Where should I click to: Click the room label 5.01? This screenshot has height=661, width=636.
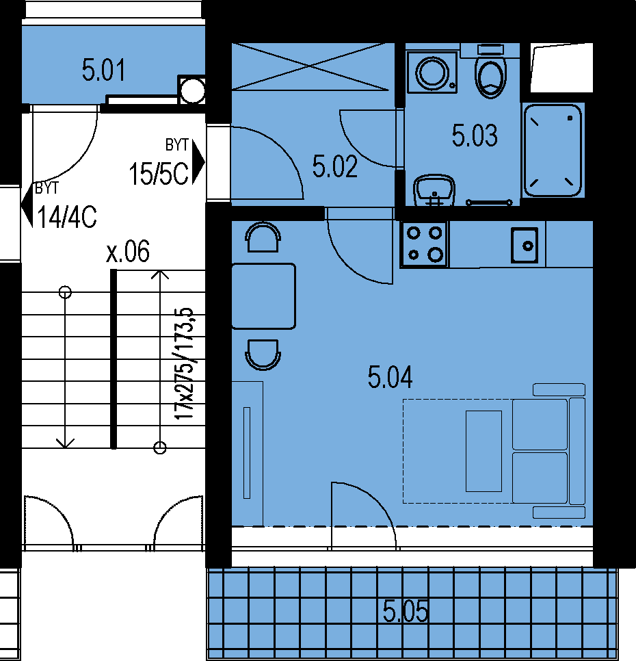104,70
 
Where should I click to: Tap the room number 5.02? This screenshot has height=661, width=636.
335,166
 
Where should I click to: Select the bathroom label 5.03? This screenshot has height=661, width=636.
475,135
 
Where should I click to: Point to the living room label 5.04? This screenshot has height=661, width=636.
390,377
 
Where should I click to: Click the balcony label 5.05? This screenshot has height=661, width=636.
405,611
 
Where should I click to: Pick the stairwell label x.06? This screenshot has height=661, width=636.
128,251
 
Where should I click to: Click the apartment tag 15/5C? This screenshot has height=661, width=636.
159,174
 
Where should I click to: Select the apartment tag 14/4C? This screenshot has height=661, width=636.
67,217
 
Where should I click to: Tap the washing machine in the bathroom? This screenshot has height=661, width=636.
432,72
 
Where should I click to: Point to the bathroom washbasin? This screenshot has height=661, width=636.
434,190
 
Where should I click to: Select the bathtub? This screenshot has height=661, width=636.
553,150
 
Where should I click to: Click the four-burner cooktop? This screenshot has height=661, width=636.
424,244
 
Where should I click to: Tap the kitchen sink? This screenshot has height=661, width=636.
525,245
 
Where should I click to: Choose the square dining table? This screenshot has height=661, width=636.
263,296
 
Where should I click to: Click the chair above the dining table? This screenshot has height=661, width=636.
263,237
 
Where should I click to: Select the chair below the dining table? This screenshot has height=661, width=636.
263,355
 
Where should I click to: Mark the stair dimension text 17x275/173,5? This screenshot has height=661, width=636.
184,364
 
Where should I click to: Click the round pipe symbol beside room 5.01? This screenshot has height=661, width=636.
192,90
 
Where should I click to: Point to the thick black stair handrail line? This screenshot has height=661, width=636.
114,359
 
